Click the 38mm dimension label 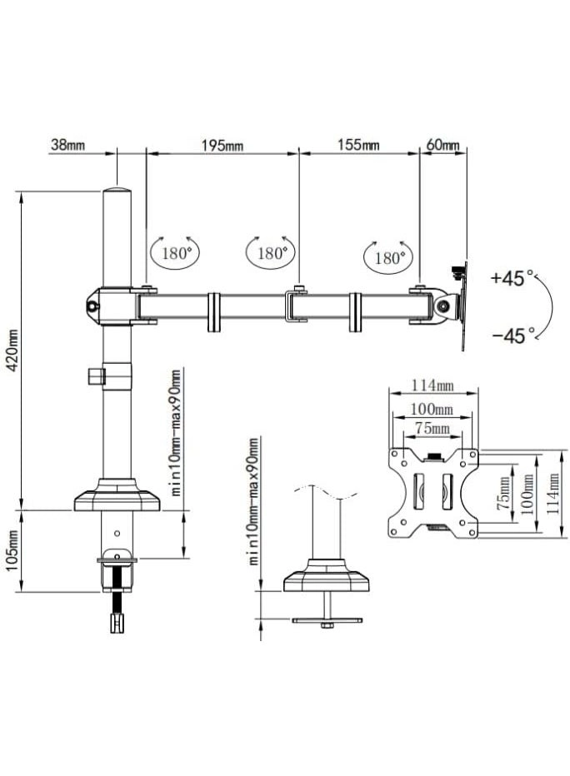67,145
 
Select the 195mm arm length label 222,146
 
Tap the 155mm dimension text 358,145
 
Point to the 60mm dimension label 442,145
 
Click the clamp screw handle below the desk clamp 116,621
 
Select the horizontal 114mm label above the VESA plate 432,386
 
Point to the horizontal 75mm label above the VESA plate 432,429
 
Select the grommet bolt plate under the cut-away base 326,621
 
